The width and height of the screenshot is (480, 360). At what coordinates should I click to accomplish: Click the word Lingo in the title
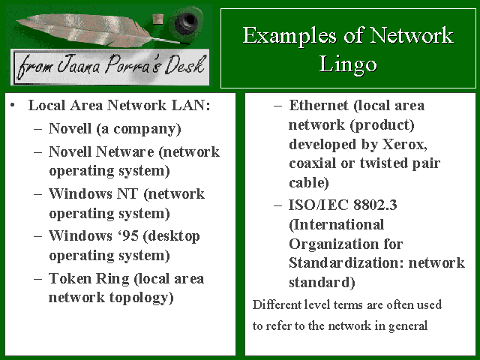click(x=347, y=65)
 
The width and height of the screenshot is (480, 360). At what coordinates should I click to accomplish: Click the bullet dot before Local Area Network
click(x=14, y=105)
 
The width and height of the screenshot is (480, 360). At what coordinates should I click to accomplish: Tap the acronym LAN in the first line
click(x=193, y=106)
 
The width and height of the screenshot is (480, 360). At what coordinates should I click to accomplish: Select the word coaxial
click(x=315, y=163)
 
